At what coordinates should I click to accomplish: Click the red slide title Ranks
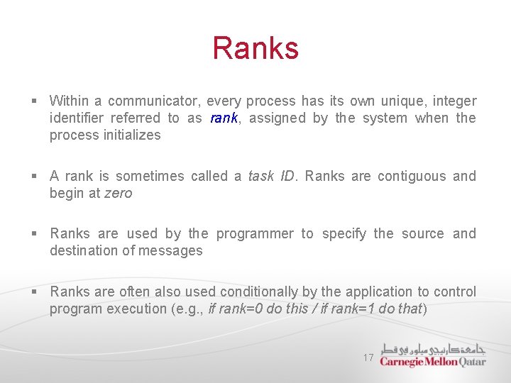point(255,49)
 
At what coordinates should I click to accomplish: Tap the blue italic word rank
point(224,118)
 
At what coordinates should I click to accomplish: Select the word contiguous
point(411,176)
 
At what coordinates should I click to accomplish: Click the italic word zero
point(118,193)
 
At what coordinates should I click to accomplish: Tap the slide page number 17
point(368,358)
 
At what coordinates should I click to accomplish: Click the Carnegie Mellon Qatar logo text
point(432,361)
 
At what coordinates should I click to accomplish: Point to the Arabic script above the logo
point(433,349)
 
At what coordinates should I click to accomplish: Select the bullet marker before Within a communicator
point(35,101)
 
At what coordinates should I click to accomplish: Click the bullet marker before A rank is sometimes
point(35,176)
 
